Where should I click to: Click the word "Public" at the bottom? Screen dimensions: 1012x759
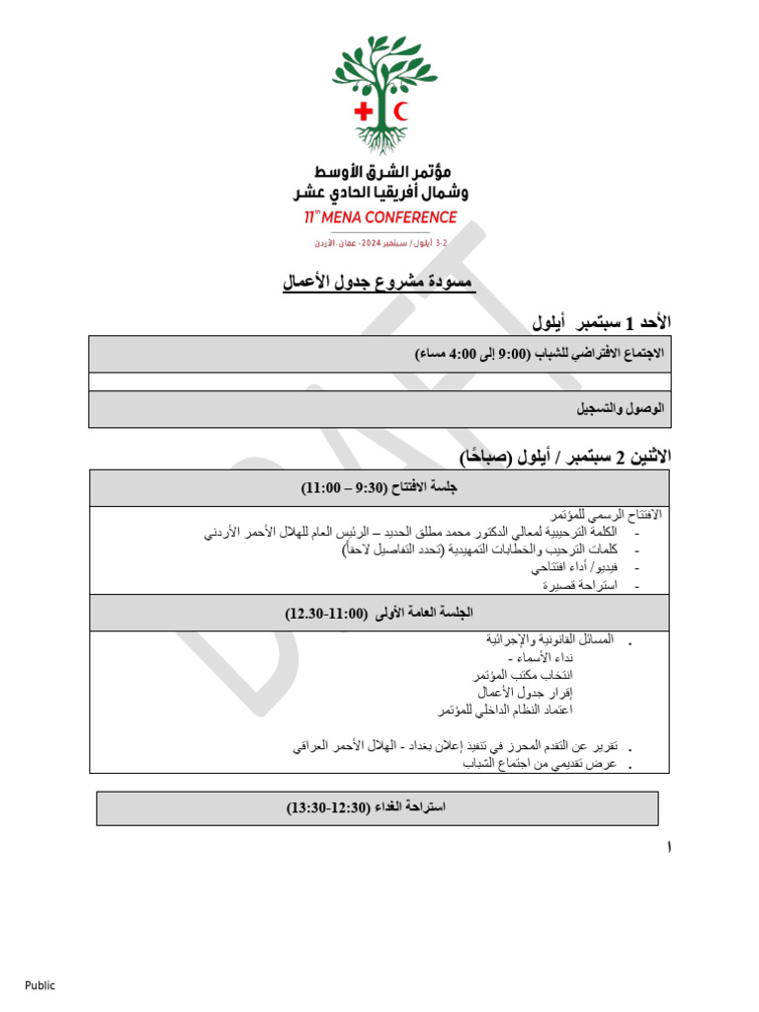[41, 985]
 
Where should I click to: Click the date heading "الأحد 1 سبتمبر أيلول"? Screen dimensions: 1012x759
[601, 321]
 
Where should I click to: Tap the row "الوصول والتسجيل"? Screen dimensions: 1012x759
[621, 408]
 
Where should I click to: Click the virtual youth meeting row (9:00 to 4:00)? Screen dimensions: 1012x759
[539, 353]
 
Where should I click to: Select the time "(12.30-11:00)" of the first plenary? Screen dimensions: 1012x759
[325, 614]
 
